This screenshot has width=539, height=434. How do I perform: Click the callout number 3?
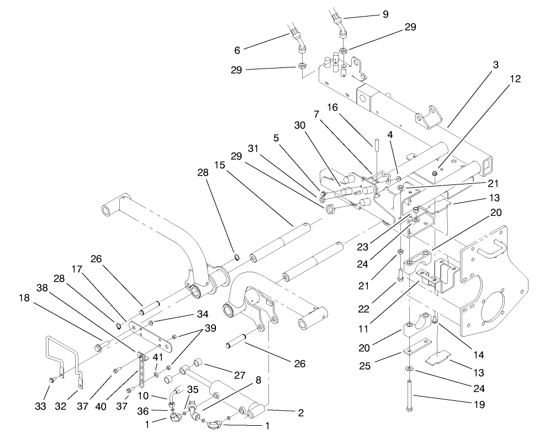[496, 65]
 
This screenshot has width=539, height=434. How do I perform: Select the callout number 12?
[515, 79]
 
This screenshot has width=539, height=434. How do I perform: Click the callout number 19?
[479, 405]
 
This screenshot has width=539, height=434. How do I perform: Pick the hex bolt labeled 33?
[52, 380]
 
